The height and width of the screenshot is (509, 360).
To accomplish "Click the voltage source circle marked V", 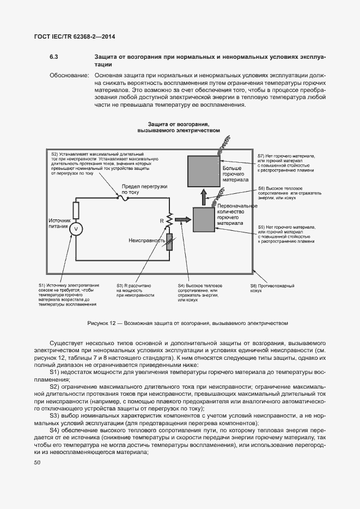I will point(76,229).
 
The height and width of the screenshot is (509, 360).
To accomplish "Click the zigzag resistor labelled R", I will point(170,220).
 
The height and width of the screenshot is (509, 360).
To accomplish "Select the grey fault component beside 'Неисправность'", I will point(170,242).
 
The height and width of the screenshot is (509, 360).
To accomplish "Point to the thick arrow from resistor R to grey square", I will point(183,220).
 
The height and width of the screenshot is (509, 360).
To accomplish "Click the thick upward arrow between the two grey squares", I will point(203,196).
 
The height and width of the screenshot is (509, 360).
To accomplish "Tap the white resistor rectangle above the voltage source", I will point(76,210).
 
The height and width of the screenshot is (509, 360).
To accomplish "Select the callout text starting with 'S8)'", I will point(264,288).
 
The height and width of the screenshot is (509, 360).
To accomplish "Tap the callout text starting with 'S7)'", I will point(285,163).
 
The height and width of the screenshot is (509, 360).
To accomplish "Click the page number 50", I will point(37,463).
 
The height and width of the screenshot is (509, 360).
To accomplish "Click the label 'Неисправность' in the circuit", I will point(147,240).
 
